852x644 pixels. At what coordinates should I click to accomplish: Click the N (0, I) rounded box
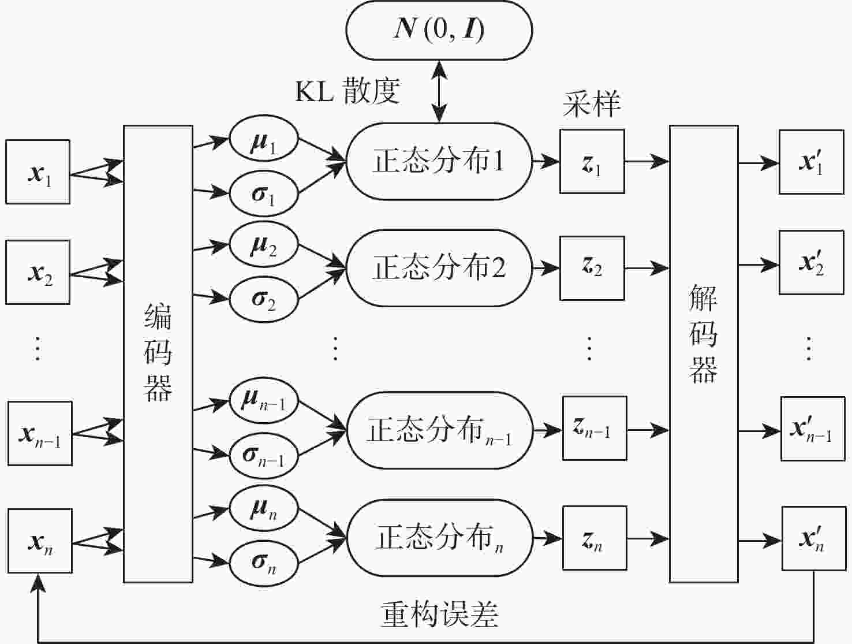pos(439,30)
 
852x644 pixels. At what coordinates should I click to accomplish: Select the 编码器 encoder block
pos(158,353)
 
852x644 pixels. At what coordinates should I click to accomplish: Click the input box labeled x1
pos(38,172)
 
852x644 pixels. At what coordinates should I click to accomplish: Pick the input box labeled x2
pos(38,272)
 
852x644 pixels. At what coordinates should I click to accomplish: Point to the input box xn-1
pos(40,433)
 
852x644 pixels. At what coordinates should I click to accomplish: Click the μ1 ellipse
pos(264,140)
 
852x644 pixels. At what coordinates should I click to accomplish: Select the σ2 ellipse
pos(264,299)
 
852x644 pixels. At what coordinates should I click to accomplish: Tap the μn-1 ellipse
pos(264,400)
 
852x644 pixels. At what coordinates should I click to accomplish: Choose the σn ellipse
pos(264,561)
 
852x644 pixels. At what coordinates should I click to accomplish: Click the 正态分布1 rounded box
pos(439,161)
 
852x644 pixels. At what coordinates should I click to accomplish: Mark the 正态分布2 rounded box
pos(439,268)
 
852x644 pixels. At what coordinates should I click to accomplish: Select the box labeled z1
pos(592,161)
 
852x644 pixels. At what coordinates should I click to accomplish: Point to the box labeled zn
pos(595,538)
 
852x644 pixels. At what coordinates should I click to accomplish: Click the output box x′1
pos(811,162)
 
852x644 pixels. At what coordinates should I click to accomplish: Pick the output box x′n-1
pos(813,429)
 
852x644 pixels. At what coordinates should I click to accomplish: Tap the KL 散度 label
pos(347,91)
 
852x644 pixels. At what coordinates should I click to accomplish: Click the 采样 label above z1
pos(592,104)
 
